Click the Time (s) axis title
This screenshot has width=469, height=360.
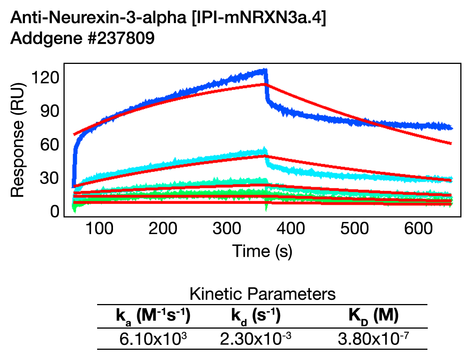click(262, 251)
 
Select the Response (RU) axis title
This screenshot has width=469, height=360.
click(17, 140)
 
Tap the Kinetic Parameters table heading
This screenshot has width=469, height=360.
click(262, 294)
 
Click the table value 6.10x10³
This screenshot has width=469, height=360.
click(153, 339)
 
